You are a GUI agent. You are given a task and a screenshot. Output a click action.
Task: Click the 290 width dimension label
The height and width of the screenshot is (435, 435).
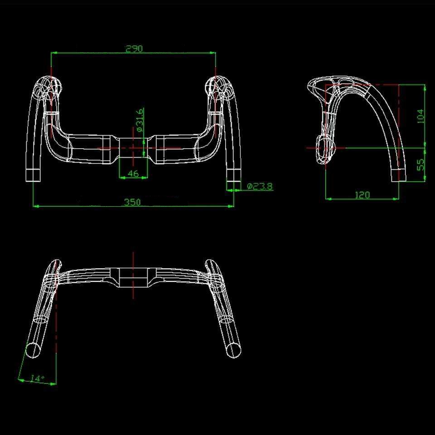pos(134,49)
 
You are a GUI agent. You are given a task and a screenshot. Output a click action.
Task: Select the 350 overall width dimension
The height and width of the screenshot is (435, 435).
pos(132,202)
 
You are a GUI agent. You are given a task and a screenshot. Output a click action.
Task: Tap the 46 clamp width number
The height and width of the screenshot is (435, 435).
pos(133,174)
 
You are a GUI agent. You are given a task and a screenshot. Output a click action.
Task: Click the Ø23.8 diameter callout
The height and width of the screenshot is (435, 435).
pos(260,186)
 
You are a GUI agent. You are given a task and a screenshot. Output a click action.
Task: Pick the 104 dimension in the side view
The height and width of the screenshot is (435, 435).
pos(420,116)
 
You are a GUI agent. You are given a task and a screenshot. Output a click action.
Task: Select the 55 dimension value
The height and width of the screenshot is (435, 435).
pos(421,164)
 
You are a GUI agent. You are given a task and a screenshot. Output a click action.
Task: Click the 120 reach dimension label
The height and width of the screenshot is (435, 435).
pos(362,195)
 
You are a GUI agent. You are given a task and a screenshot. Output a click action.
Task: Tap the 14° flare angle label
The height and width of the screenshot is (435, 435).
pos(38,378)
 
